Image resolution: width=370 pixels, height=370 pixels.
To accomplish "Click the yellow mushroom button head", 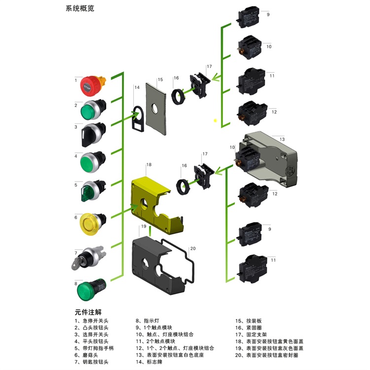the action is pos(91,223).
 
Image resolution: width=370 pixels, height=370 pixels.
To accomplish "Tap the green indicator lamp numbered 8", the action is pos(90,289).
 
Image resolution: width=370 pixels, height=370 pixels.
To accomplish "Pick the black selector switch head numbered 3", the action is pos(91,132).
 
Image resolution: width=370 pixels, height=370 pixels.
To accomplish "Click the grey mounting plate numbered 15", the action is pos(157,108).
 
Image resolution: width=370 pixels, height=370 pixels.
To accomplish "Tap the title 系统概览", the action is pos(80,9).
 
